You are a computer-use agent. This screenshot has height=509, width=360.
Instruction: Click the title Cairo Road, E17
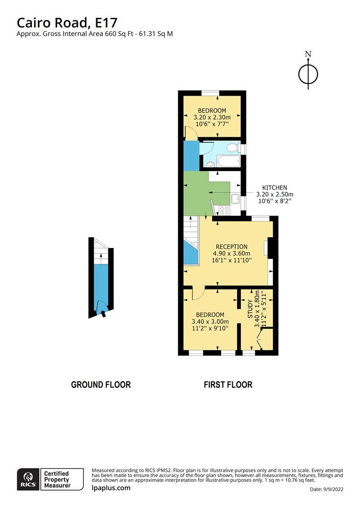[x=67, y=22]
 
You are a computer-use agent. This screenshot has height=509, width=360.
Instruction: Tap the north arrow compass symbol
[x=308, y=73]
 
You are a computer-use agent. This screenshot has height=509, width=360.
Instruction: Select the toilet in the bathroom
[x=233, y=148]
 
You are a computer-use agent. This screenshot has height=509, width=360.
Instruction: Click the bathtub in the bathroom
[x=223, y=164]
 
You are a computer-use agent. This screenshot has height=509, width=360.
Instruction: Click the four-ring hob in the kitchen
[x=223, y=211]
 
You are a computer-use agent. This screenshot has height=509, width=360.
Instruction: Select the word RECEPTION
[x=231, y=246]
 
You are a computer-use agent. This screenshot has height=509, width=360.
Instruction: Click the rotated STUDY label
[x=251, y=309]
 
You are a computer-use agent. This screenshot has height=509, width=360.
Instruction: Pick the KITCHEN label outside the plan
[x=274, y=188]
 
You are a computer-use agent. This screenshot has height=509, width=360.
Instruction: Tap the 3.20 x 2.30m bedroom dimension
[x=214, y=117]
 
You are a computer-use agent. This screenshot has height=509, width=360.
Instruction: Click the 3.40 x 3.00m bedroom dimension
[x=210, y=321]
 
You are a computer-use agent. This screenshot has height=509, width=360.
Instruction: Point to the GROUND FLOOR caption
[x=100, y=385]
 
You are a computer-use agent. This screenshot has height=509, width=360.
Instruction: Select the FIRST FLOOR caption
[x=228, y=385]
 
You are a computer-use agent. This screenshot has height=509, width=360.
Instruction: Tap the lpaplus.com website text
[x=111, y=488]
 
